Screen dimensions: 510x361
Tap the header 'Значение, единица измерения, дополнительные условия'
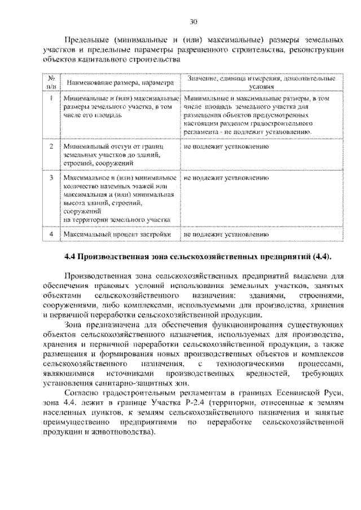click(x=261, y=83)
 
